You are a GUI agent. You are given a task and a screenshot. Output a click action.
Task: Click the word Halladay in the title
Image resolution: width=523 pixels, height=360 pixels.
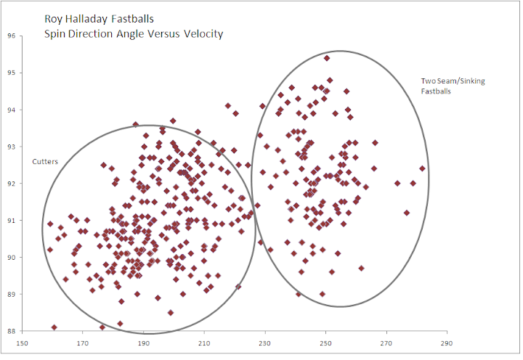point(86,19)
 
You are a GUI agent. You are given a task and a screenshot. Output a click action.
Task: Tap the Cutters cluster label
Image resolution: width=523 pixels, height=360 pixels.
point(45,162)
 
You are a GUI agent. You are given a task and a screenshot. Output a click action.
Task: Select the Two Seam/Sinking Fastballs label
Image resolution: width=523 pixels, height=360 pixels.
point(453,86)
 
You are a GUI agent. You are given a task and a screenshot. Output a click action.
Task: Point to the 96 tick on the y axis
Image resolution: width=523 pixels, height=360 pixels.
point(12,36)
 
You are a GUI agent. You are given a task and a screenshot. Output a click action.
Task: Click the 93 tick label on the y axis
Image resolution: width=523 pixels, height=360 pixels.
point(12,147)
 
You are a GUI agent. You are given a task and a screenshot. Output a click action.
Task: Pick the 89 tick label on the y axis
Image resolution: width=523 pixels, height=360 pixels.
point(12,295)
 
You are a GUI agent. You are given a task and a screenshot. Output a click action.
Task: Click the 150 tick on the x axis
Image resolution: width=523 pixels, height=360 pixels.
point(22,343)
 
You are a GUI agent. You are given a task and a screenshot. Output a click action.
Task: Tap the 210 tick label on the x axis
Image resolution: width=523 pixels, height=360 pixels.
point(204,343)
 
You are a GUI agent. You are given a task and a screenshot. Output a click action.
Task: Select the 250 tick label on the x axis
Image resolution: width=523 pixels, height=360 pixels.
point(326,343)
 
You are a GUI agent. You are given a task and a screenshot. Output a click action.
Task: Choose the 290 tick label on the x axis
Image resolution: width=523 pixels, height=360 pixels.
point(447,343)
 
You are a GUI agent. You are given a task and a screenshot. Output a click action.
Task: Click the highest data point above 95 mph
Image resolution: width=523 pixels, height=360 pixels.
point(327,58)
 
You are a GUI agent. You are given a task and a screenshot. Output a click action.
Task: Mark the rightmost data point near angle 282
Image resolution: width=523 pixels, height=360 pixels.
point(422,168)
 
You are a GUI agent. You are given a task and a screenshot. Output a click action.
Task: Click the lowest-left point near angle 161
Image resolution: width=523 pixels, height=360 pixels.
point(54,327)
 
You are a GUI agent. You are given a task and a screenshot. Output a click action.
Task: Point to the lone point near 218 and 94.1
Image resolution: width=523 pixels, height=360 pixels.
point(228,106)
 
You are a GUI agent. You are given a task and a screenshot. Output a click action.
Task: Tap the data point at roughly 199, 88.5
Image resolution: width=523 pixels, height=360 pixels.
point(171,313)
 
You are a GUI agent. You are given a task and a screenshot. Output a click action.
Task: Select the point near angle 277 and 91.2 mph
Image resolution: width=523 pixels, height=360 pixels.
point(407,213)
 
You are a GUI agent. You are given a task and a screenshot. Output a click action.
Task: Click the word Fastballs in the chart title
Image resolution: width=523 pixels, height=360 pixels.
point(132,19)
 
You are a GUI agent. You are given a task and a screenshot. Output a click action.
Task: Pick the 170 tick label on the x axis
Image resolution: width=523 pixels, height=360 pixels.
point(82,343)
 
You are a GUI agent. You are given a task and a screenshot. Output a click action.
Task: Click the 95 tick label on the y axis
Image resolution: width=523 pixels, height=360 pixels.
point(12,73)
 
